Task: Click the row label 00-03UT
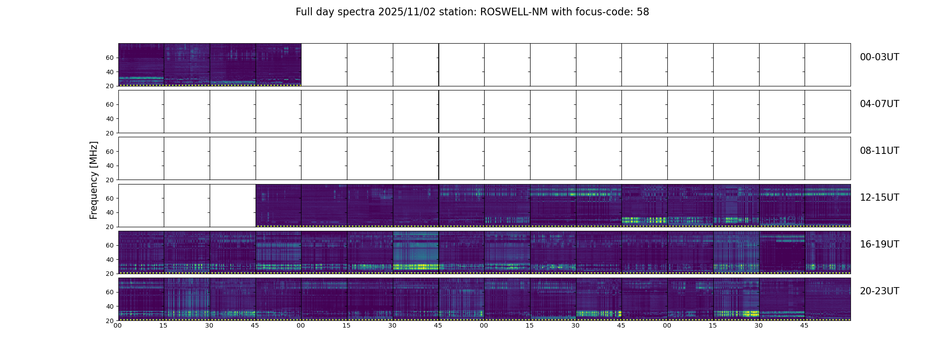click(x=879, y=57)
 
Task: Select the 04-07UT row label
click(x=879, y=104)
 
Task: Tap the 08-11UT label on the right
click(x=879, y=151)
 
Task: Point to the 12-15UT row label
click(x=879, y=198)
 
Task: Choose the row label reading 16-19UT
click(x=879, y=244)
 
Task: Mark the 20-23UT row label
click(x=879, y=291)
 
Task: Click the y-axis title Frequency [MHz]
click(x=94, y=180)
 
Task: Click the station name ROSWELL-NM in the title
click(x=514, y=12)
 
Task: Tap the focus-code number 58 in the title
click(x=643, y=12)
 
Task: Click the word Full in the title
click(x=304, y=12)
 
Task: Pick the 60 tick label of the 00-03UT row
click(x=110, y=58)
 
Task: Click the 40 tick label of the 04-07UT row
click(x=110, y=119)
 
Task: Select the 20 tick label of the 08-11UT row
click(x=110, y=180)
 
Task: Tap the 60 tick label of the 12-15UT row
click(x=110, y=198)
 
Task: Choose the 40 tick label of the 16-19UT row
click(x=110, y=260)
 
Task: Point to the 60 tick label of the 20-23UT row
click(x=110, y=292)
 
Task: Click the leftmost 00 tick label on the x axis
click(x=118, y=325)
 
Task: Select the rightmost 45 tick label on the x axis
click(x=804, y=325)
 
